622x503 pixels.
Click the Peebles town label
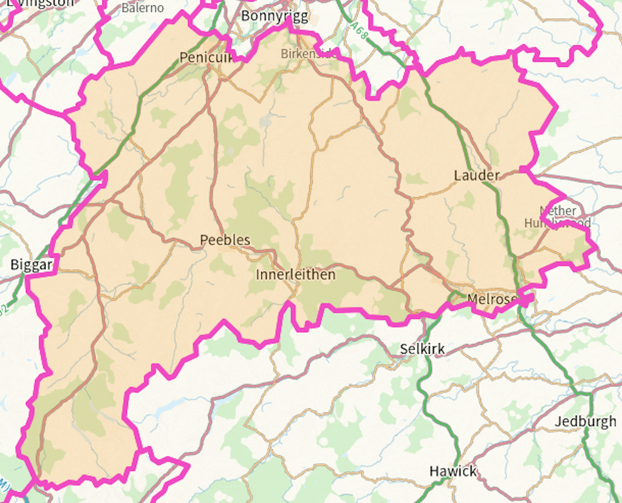(225, 240)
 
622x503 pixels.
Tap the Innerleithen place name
(295, 275)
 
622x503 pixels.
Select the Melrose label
(492, 298)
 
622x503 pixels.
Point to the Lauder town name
(477, 176)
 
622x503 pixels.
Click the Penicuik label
(207, 58)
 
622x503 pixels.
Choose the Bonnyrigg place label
(275, 16)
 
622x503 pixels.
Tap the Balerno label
(143, 8)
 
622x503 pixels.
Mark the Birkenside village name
(309, 53)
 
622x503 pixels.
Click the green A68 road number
(360, 31)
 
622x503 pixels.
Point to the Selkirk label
(422, 349)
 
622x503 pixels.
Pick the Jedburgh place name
(586, 421)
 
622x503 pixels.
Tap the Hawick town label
(453, 471)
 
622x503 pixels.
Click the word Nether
(558, 211)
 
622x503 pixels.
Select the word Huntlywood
(558, 223)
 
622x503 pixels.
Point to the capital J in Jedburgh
(558, 421)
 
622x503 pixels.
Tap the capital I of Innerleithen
(258, 275)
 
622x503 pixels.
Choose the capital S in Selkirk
(404, 349)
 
